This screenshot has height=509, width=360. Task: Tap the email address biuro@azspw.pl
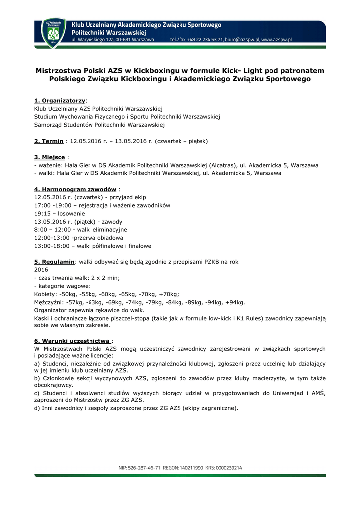pos(241,39)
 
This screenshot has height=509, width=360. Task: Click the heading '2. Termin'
pos(49,141)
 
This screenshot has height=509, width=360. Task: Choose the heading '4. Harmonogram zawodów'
pos(75,189)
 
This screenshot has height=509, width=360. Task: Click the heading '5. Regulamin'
pos(54,261)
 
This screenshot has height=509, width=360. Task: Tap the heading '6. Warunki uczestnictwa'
pos(72,341)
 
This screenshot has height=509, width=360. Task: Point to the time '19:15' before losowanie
pos(42,213)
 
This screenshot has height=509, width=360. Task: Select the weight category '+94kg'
pos(234,302)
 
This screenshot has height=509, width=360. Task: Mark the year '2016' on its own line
pos(41,269)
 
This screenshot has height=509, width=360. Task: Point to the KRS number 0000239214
pos(230,468)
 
